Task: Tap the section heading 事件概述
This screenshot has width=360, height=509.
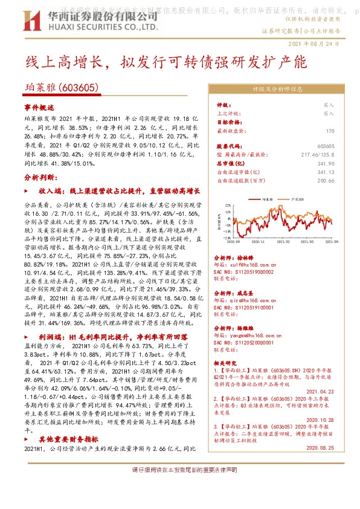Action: [39, 106]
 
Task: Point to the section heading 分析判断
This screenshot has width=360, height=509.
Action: [40, 178]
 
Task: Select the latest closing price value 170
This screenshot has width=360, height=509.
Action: [330, 131]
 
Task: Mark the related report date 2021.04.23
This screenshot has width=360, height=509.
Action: [321, 391]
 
